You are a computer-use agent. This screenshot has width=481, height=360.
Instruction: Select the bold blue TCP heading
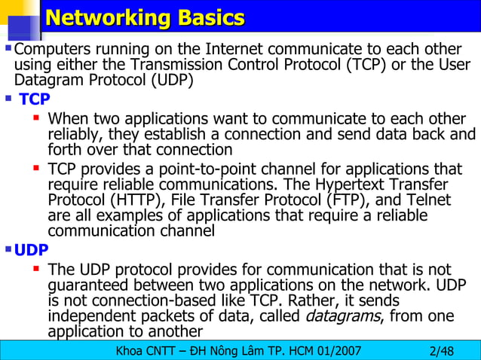[x=35, y=99]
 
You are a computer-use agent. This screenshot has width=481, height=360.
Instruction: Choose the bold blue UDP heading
[x=31, y=250]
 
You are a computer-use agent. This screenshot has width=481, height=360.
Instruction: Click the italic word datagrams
[x=342, y=316]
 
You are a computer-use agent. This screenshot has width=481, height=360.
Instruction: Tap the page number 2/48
[x=441, y=350]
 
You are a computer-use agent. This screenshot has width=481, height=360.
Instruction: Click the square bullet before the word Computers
[x=8, y=48]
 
